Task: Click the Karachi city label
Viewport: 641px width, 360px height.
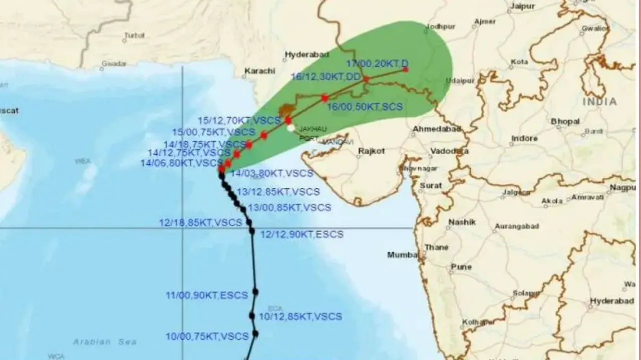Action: (259, 71)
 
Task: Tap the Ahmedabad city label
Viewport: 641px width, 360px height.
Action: (436, 129)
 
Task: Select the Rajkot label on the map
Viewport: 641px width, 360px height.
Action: (372, 151)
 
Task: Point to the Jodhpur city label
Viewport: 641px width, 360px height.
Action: (441, 26)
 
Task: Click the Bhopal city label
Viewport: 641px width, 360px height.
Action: (565, 121)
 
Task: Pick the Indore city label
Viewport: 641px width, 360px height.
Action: (524, 138)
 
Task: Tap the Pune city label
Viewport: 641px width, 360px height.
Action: (461, 267)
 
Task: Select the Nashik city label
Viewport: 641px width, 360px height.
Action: (462, 222)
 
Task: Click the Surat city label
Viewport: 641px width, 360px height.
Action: (431, 185)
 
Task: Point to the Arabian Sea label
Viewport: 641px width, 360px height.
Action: (105, 341)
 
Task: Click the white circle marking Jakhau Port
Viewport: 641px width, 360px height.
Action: (291, 128)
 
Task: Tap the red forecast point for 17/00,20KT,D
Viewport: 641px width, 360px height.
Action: (405, 69)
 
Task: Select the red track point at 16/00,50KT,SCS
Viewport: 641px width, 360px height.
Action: (325, 98)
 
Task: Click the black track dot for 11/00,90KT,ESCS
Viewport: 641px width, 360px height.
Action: (255, 291)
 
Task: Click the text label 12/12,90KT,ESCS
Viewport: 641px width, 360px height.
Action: (302, 234)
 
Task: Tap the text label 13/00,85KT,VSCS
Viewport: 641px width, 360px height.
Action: (289, 207)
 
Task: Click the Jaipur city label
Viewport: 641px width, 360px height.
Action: (522, 6)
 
